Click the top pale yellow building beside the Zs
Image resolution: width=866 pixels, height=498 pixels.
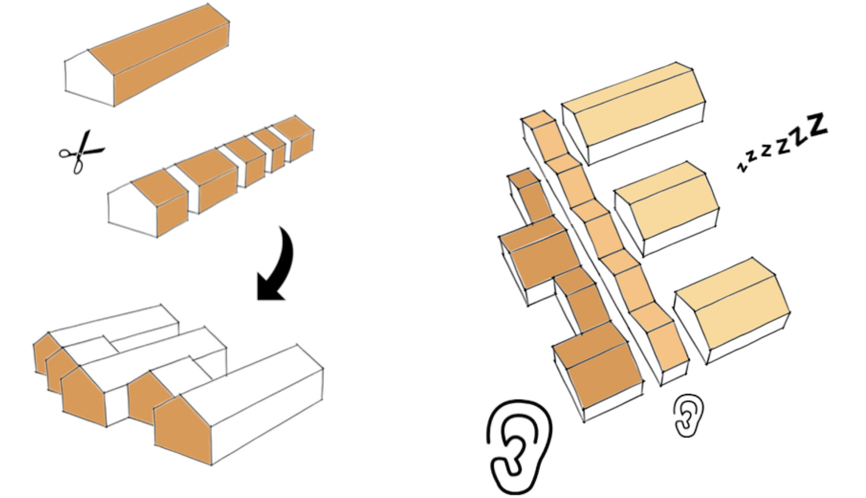coord(634,112)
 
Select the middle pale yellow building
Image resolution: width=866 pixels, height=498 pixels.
coord(667,209)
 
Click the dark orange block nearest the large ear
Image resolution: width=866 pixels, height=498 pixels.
coord(597,371)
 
